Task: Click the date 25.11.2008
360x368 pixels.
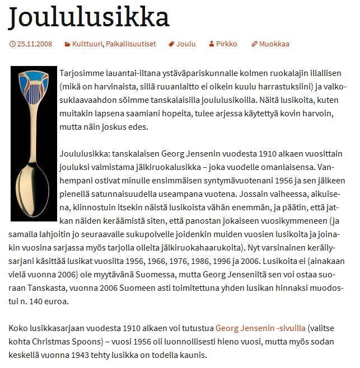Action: [34, 44]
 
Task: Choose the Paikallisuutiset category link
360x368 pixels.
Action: [132, 44]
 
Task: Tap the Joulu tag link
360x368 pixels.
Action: [186, 44]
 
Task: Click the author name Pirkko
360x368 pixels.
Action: [227, 44]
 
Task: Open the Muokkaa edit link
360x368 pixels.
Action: [274, 44]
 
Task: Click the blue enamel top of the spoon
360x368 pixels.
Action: [34, 81]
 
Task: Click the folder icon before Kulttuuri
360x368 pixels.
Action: [67, 44]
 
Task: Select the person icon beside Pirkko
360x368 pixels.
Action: [211, 44]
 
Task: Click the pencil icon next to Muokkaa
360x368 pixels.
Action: [254, 44]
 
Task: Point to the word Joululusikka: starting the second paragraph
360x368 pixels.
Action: [85, 154]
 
